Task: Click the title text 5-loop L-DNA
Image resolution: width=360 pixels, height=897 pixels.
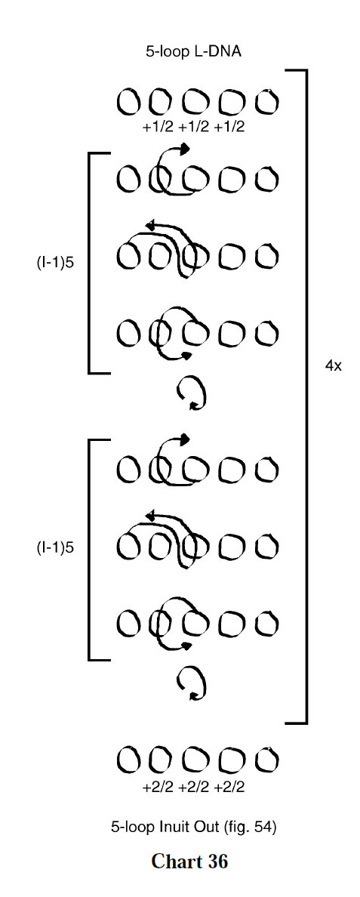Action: pyautogui.click(x=194, y=51)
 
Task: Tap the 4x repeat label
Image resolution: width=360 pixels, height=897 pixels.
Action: pyautogui.click(x=333, y=365)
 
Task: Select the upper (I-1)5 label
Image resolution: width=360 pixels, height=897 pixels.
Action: pyautogui.click(x=55, y=264)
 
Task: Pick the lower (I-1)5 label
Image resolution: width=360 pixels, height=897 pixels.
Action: pyautogui.click(x=55, y=547)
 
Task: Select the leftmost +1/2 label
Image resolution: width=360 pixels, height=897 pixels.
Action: pyautogui.click(x=158, y=126)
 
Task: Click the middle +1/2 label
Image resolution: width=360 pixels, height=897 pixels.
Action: pyautogui.click(x=193, y=126)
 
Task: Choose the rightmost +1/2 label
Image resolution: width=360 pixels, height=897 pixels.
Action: pyautogui.click(x=229, y=126)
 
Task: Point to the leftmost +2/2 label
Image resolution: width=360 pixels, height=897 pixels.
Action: pyautogui.click(x=158, y=788)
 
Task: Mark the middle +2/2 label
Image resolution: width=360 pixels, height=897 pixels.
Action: pyautogui.click(x=193, y=788)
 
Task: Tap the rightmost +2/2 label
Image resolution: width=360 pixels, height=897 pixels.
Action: pyautogui.click(x=229, y=788)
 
